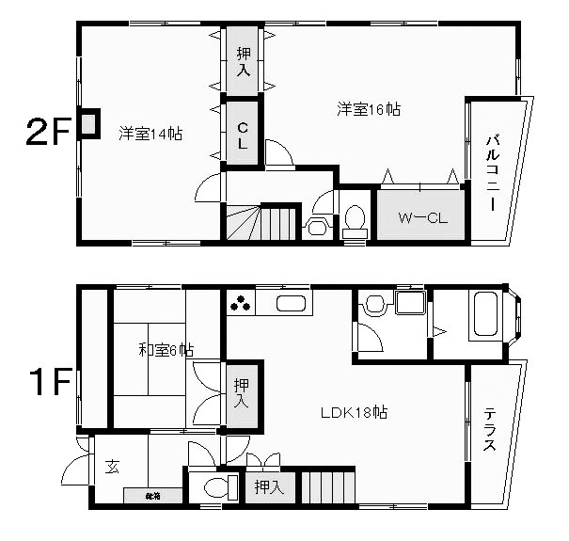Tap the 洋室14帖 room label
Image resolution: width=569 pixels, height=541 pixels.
(150, 134)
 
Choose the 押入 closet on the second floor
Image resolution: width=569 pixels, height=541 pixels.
(243, 62)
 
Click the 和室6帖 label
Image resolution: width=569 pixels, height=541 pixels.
(166, 351)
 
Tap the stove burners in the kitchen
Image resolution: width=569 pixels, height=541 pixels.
(240, 304)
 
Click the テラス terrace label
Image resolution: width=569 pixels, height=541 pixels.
(491, 430)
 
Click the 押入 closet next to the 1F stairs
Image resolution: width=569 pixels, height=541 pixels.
(268, 487)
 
